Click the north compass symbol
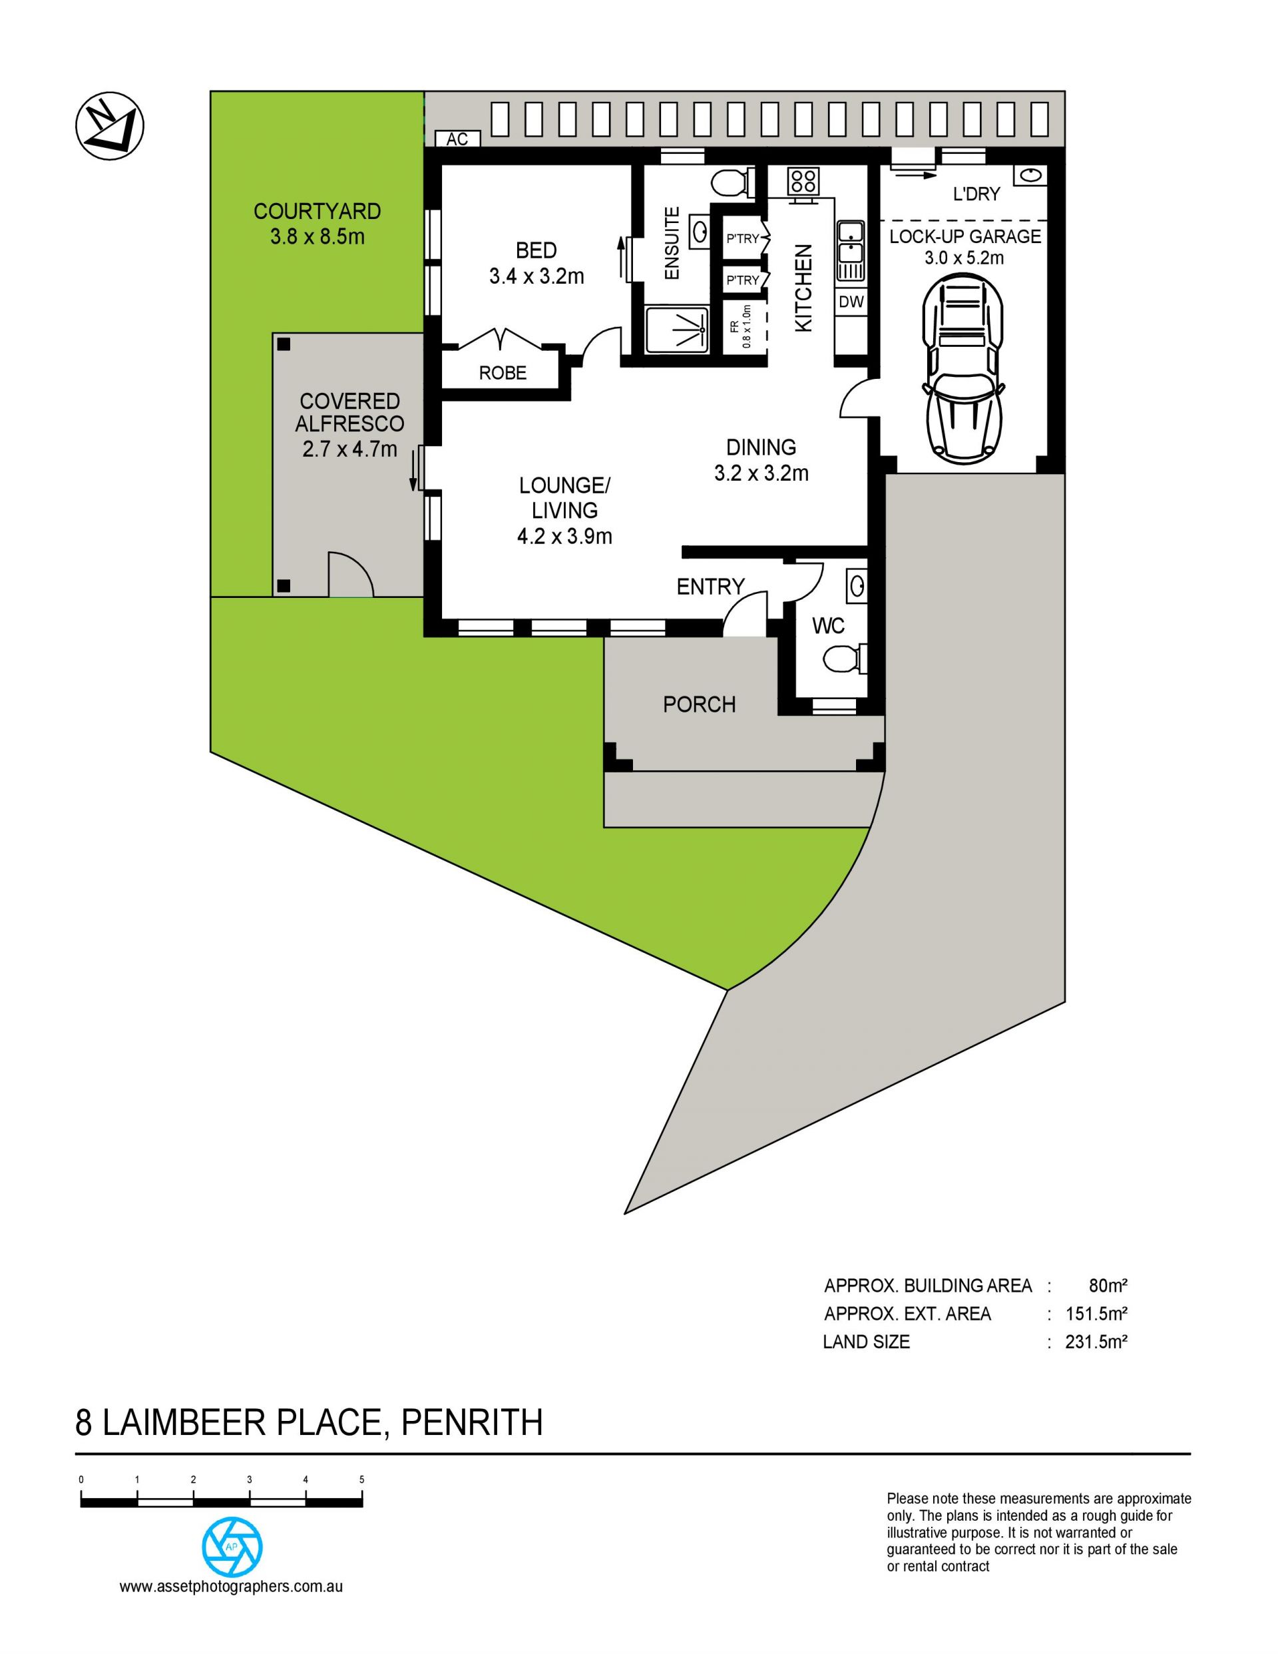(x=110, y=126)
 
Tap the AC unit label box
(x=457, y=138)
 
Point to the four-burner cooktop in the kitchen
(x=803, y=181)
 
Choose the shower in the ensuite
(x=677, y=330)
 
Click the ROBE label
(x=503, y=373)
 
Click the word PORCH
(x=699, y=705)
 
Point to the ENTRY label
(x=710, y=586)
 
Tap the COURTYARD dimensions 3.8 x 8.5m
(x=318, y=237)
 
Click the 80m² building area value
(x=1108, y=1285)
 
